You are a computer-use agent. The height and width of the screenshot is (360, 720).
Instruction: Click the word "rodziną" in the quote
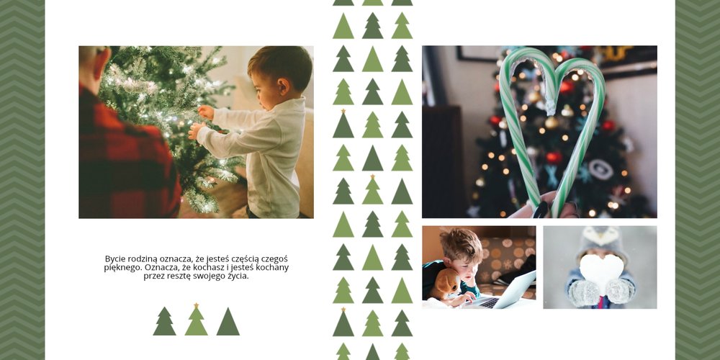[x=140, y=259]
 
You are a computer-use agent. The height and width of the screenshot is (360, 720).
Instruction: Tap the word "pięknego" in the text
[x=122, y=268]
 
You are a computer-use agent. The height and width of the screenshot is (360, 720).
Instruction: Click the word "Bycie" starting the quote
[x=114, y=259]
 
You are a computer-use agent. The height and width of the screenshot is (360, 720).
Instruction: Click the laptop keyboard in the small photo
[x=489, y=302]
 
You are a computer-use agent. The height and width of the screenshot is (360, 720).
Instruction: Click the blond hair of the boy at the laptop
[x=461, y=243]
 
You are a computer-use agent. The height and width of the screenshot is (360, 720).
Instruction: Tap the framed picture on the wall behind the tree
[x=477, y=53]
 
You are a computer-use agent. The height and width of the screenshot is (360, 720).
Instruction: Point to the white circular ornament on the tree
[x=600, y=169]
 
